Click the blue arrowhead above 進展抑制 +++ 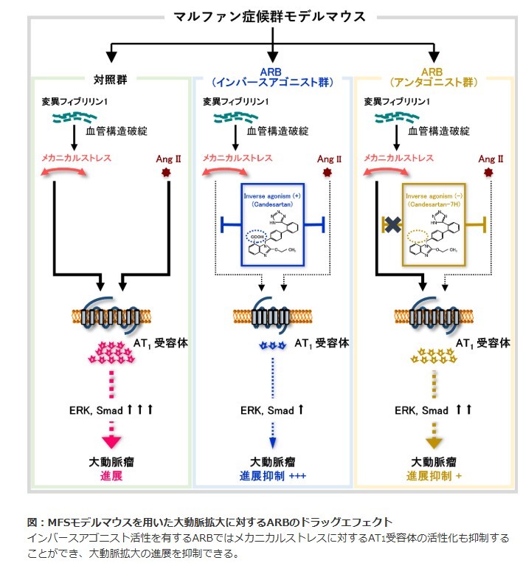click(273, 442)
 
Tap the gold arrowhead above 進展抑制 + click(433, 442)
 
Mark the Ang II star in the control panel click(164, 173)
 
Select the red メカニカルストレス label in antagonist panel click(398, 157)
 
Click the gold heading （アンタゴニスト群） click(433, 83)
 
